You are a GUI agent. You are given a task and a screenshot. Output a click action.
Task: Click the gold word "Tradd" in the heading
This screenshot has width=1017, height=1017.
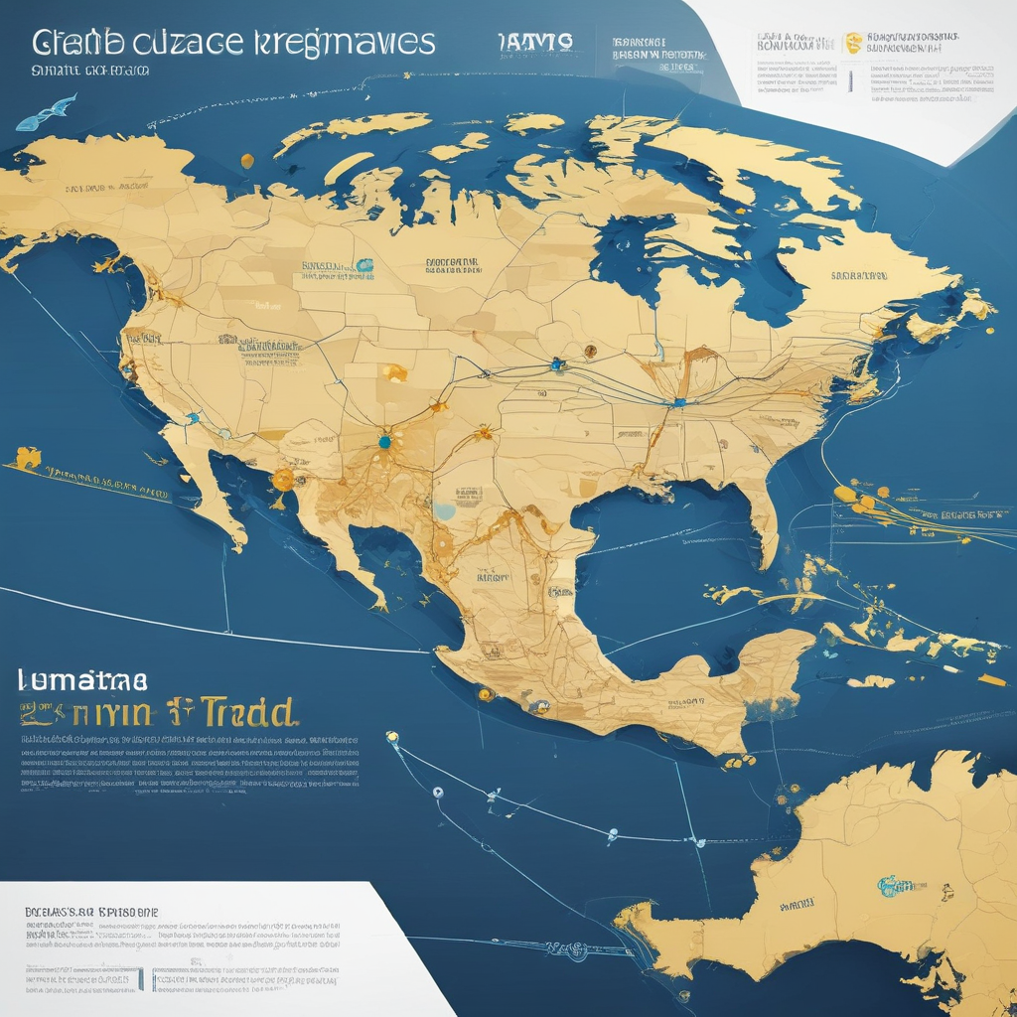[248, 712]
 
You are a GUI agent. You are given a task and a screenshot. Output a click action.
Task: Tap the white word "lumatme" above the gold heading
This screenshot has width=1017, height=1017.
[83, 679]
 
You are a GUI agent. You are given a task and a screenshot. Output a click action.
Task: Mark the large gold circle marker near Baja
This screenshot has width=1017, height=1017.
[283, 480]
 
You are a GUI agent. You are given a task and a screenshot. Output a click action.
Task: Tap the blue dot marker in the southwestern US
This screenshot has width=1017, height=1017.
[384, 440]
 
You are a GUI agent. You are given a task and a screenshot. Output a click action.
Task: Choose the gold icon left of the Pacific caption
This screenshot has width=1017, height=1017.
[27, 458]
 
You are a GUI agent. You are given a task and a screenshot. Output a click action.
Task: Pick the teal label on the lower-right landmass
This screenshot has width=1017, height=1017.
[897, 884]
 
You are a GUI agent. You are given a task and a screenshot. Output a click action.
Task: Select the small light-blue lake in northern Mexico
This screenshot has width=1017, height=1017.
[444, 511]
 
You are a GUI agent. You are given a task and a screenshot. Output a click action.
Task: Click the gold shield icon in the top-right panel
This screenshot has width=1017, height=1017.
[851, 43]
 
